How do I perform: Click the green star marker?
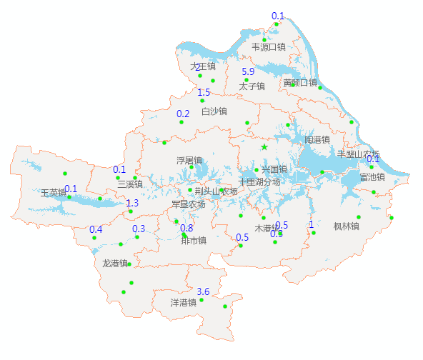click(264, 147)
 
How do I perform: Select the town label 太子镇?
click(252, 86)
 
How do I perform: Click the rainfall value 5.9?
click(249, 71)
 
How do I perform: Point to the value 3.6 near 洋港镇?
click(203, 291)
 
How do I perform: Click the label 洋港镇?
click(184, 303)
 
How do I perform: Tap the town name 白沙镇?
click(214, 111)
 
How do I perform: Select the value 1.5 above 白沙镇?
click(204, 92)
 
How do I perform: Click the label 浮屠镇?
click(189, 161)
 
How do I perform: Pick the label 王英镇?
click(54, 193)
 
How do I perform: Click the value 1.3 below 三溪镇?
click(132, 204)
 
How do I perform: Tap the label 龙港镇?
click(116, 264)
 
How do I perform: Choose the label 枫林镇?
click(346, 226)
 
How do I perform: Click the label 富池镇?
click(372, 176)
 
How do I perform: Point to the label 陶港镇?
click(317, 139)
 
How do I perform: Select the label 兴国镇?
click(274, 169)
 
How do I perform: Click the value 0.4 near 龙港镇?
click(96, 229)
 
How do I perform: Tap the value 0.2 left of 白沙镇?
click(183, 114)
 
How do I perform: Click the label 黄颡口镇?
click(299, 83)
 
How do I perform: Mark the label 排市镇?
click(194, 241)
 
